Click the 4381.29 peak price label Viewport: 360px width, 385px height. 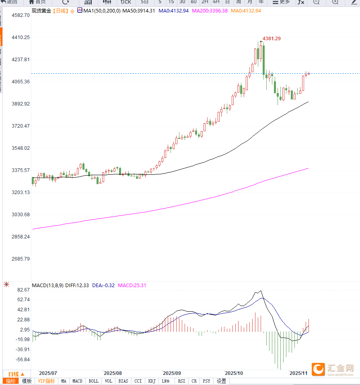tap(272, 38)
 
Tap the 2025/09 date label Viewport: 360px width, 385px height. tap(172, 373)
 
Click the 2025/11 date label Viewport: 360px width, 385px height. tap(298, 373)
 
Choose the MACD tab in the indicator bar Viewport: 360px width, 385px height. tap(77, 381)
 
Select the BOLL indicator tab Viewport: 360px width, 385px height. tap(93, 381)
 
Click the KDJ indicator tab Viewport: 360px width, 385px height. tap(152, 381)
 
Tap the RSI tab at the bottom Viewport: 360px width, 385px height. tap(182, 381)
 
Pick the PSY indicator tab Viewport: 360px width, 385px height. tap(206, 381)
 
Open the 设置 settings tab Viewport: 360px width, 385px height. tap(221, 381)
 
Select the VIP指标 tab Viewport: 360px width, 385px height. tap(46, 381)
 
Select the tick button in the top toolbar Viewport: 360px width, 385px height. tap(126, 2)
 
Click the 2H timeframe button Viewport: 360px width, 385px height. tap(205, 2)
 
